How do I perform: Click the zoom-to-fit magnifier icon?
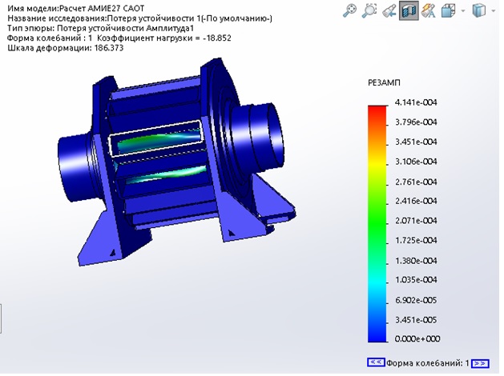349,10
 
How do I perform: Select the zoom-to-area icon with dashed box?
369,10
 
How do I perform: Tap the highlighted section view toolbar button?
409,10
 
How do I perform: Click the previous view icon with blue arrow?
389,11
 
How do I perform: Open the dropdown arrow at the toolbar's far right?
494,11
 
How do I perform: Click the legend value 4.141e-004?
416,102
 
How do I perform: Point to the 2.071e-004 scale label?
416,221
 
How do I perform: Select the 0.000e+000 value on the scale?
417,338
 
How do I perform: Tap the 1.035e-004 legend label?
416,280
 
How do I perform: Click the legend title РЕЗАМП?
384,82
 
